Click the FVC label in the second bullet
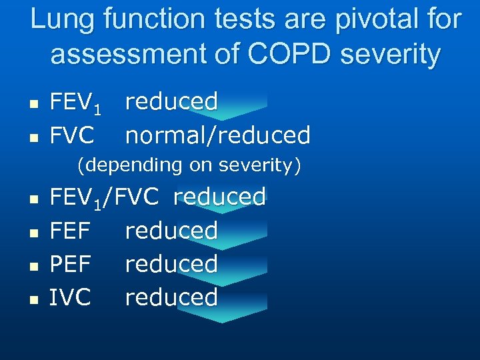71,135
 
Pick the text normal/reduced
218,135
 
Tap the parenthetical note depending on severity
189,165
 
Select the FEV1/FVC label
104,197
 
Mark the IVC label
70,297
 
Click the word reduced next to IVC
171,297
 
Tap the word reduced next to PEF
171,264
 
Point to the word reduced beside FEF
171,231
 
